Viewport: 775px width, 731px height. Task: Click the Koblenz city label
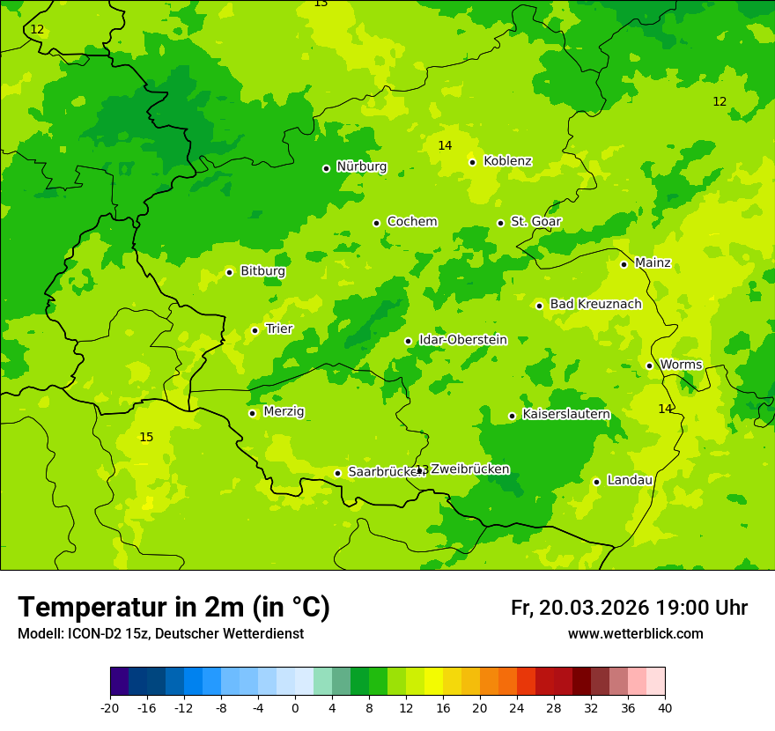(x=507, y=161)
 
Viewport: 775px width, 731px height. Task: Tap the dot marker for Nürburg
(x=326, y=168)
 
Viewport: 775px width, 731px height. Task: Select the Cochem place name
(x=411, y=222)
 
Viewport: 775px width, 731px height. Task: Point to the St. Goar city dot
(x=500, y=223)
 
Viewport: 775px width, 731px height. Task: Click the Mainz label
(x=653, y=263)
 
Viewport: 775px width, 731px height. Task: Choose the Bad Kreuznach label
(x=595, y=305)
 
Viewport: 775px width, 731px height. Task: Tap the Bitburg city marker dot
(x=229, y=272)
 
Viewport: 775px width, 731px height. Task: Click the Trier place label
(x=279, y=329)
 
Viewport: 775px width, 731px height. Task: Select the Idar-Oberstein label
(x=462, y=340)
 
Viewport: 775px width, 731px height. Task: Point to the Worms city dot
(x=649, y=365)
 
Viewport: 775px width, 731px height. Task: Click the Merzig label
(x=284, y=412)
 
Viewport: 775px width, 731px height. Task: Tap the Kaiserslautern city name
(x=565, y=415)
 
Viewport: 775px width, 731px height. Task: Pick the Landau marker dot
(x=596, y=482)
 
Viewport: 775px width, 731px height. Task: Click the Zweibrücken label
(x=469, y=469)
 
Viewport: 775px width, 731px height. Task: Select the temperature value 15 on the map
(x=146, y=438)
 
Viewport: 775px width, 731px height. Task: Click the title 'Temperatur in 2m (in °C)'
(x=173, y=608)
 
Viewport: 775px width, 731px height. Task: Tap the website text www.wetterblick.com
(x=635, y=634)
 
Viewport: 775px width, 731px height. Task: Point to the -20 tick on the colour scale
(x=110, y=708)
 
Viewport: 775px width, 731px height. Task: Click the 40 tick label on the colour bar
(x=665, y=708)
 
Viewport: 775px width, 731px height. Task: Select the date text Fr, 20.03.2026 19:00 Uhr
(x=629, y=608)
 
